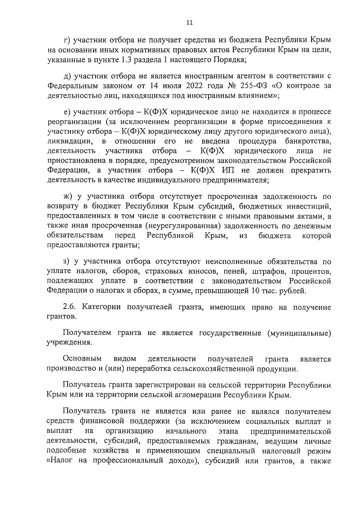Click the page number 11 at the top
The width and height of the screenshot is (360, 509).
coord(190,22)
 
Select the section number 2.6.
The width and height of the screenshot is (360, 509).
coord(70,307)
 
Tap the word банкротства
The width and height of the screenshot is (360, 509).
coord(308,141)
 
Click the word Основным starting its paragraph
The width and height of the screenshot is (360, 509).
coord(82,359)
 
